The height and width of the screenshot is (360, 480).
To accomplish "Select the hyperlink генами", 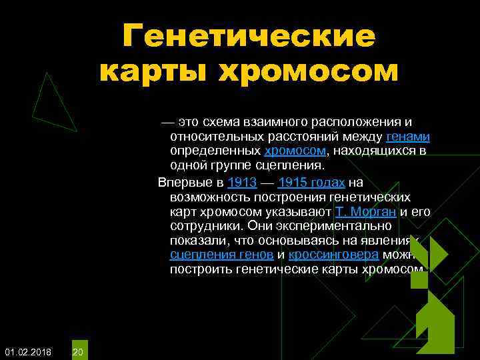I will (408, 137).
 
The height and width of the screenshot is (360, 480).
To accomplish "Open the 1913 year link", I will (242, 183).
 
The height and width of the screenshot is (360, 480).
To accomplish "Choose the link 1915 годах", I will (311, 183).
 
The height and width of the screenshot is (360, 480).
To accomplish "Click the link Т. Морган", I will (365, 212).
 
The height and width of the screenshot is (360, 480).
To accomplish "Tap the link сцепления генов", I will (221, 255).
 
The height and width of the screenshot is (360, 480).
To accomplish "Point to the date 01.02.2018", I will (28, 351).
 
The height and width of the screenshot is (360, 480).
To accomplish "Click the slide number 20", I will (78, 351).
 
